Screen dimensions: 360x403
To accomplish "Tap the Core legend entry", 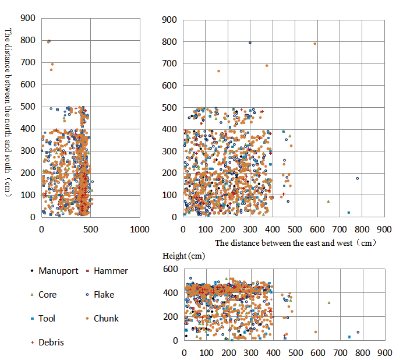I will click(x=47, y=295).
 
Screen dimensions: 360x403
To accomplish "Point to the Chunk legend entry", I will click(x=106, y=319).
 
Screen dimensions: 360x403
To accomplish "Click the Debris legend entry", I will click(x=51, y=343).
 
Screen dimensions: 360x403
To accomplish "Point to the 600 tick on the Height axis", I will click(x=173, y=269).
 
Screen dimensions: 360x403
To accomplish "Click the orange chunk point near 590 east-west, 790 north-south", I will click(x=315, y=44).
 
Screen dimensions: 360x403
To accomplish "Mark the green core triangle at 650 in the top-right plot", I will click(x=328, y=202).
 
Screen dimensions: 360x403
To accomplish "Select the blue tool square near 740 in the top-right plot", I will click(x=349, y=213).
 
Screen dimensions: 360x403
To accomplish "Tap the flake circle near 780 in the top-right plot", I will click(x=358, y=178).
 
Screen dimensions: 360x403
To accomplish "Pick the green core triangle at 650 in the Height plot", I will click(x=329, y=303).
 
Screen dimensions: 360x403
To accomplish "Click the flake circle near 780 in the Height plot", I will click(x=358, y=332).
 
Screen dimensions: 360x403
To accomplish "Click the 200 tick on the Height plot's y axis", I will click(x=173, y=317).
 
